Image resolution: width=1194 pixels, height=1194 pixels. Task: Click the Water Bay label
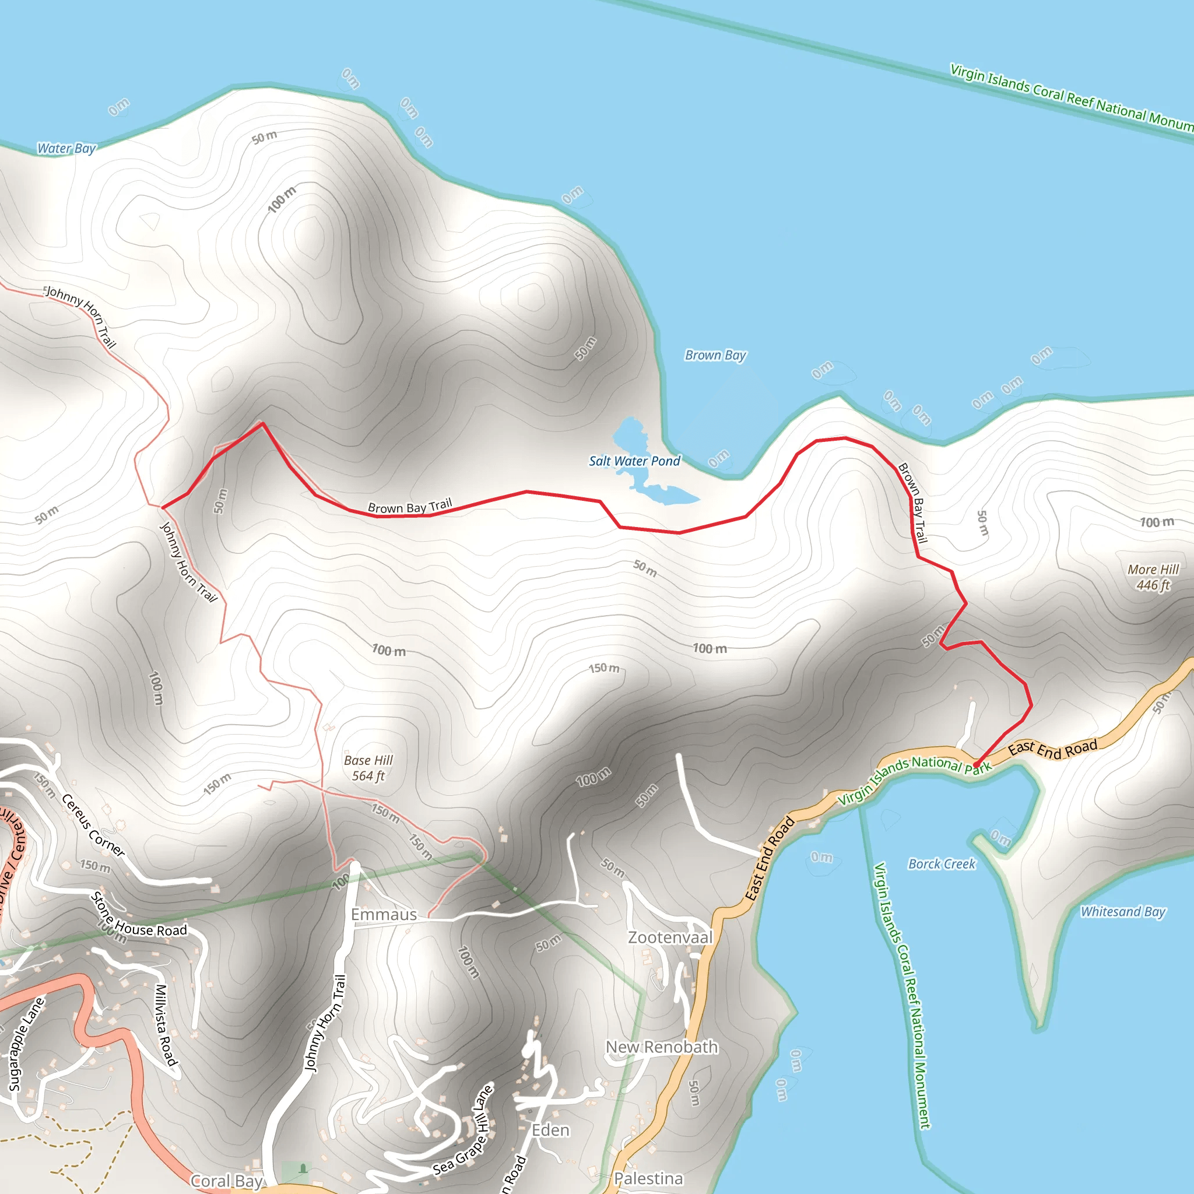66,148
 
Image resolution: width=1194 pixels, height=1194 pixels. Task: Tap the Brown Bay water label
715,356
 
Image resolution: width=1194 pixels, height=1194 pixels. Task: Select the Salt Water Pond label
634,461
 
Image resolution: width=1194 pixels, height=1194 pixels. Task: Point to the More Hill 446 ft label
1153,577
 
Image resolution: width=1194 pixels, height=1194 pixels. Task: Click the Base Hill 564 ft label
368,768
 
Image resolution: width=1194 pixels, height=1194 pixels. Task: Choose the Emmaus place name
384,915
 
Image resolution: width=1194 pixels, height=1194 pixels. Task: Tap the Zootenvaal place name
670,937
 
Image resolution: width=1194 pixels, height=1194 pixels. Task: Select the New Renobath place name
661,1047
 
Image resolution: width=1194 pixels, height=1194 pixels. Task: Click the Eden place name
550,1130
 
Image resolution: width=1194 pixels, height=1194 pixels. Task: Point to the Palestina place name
648,1178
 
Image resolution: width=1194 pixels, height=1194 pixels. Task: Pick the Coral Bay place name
227,1182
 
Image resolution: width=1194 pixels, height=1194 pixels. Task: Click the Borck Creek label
941,864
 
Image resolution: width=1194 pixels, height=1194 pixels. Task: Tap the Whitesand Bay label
1122,912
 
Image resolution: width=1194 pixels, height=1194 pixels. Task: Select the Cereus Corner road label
93,826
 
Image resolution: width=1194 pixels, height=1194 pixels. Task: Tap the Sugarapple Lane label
26,1044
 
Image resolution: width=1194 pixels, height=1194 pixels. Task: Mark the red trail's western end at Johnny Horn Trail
163,507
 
